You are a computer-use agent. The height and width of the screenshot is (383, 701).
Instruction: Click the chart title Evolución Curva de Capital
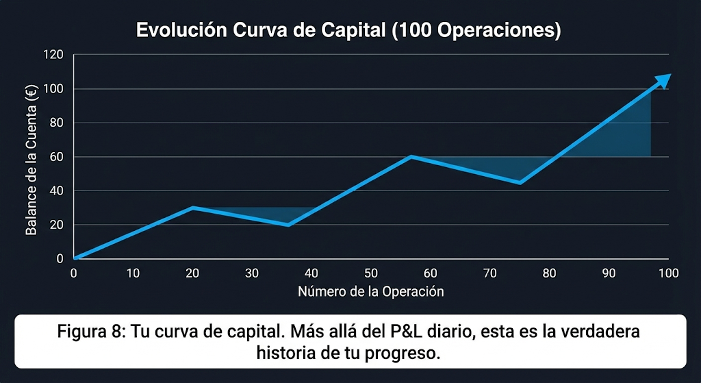point(348,31)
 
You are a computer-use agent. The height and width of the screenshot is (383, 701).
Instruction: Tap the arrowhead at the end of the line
point(663,80)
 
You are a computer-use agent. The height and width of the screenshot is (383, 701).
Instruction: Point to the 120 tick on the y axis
point(53,55)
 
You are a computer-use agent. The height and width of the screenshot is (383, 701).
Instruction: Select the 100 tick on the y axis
point(53,89)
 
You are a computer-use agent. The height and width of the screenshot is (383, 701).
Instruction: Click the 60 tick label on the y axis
point(56,157)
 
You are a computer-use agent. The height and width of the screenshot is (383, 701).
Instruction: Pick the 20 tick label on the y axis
point(56,225)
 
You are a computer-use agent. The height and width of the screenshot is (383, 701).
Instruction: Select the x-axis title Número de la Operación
point(370,292)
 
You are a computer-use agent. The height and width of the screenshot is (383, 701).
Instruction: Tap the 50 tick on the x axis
point(370,273)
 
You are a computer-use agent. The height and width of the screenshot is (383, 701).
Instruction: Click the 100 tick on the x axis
point(667,273)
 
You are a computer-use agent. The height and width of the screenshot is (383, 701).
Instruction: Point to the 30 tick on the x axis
point(252,273)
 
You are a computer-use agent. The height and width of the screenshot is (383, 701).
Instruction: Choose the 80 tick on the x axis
point(549,273)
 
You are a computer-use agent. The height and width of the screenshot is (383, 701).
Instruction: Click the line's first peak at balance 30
point(193,208)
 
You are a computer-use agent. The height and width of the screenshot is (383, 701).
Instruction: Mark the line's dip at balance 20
point(289,225)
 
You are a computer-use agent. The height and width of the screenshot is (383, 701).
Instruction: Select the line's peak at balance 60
point(411,157)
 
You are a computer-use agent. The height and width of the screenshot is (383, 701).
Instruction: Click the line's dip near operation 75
point(520,183)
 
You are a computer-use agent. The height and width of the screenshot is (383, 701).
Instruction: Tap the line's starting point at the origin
point(75,258)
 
